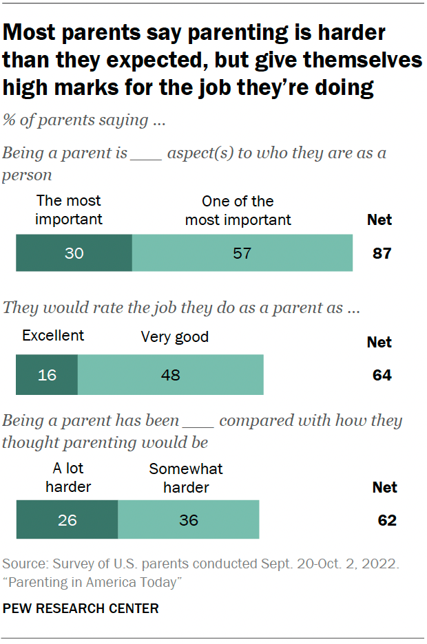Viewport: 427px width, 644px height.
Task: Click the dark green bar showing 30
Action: tap(74, 253)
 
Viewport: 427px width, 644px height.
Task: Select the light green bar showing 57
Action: tap(242, 253)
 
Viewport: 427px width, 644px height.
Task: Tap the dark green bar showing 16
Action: tap(47, 375)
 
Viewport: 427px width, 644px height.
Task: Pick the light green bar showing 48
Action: tap(170, 375)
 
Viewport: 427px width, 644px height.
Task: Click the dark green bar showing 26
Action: tap(67, 519)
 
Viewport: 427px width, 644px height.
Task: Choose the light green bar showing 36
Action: tap(188, 519)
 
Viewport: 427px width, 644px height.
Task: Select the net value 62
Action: tap(386, 520)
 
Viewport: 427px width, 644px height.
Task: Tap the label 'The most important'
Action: tap(68, 210)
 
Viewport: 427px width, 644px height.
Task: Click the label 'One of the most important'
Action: tap(238, 210)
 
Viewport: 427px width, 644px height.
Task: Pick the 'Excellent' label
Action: tap(53, 335)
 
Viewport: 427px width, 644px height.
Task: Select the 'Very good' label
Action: tap(174, 337)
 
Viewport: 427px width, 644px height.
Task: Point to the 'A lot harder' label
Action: tap(68, 478)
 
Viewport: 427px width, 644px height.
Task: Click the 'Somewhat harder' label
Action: tap(186, 478)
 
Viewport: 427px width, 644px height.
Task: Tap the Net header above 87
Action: tap(379, 220)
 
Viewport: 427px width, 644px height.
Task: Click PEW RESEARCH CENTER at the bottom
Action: tap(81, 608)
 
